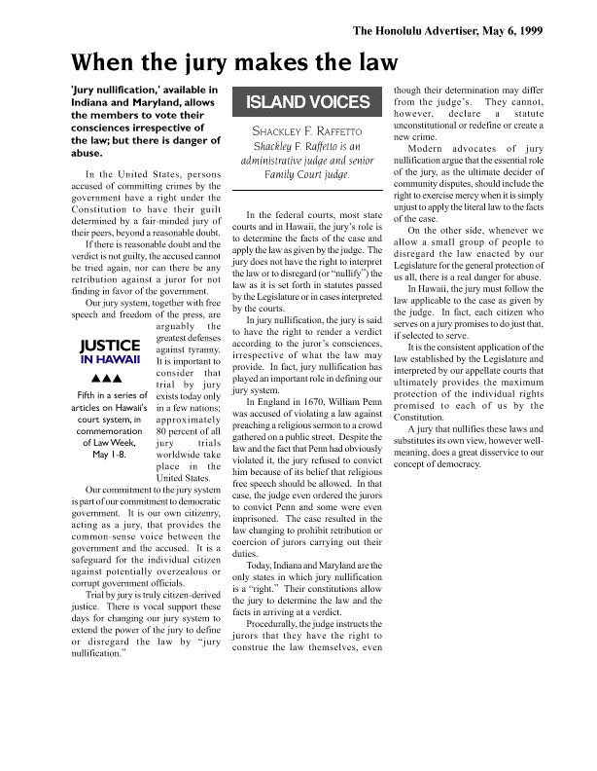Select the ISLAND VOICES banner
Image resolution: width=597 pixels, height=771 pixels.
point(308,102)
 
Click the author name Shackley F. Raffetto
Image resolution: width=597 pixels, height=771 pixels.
point(307,130)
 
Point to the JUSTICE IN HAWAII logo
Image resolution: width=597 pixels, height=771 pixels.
point(110,350)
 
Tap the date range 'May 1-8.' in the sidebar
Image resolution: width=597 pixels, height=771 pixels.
point(110,426)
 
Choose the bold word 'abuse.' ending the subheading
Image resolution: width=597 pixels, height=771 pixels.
point(88,153)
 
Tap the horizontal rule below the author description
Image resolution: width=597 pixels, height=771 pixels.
point(308,189)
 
